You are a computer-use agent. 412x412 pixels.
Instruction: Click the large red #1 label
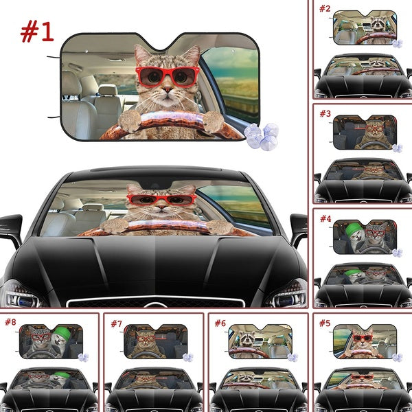coord(37,31)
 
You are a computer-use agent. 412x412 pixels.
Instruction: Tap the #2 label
coord(325,9)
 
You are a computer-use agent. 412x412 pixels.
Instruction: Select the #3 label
coord(325,113)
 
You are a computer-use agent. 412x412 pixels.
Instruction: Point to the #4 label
coord(325,219)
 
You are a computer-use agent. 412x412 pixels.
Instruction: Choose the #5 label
coord(325,322)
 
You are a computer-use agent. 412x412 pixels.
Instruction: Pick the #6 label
coord(220,322)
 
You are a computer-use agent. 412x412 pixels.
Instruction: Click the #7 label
coord(115,322)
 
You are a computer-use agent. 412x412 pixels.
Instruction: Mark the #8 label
coord(10,322)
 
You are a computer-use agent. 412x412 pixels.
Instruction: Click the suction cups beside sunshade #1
coord(262,136)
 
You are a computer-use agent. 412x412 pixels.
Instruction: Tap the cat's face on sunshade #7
coord(144,338)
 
